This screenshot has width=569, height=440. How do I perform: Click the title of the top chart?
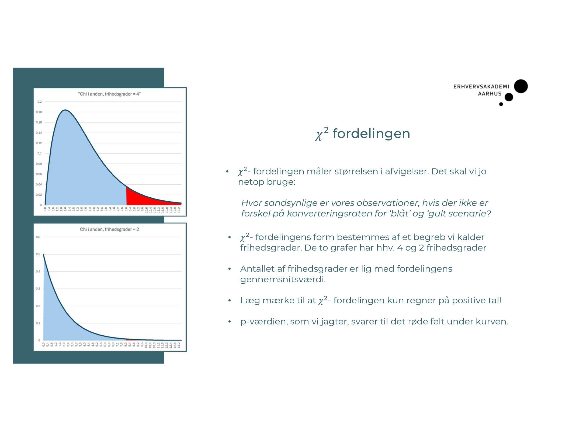(109, 94)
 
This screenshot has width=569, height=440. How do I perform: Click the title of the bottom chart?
(109, 229)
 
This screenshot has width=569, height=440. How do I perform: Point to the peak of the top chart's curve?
(65, 110)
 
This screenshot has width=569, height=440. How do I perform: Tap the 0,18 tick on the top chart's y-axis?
(39, 112)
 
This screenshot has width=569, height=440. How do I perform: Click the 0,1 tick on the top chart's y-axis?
(39, 153)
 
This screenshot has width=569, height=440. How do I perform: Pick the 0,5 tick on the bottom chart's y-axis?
(38, 254)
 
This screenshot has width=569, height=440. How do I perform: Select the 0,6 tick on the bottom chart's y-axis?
(38, 237)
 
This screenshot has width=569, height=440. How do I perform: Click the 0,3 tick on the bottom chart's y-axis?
(38, 289)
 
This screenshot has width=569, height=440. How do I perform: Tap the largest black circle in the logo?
(521, 86)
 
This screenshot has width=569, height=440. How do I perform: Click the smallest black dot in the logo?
(501, 104)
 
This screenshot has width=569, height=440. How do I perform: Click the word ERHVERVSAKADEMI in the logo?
(481, 87)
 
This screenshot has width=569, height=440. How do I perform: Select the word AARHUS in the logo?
(490, 94)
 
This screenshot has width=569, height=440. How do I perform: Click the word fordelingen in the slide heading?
(371, 134)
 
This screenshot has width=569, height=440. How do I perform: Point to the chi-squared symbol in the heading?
(321, 134)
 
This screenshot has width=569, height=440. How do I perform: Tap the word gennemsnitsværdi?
(283, 279)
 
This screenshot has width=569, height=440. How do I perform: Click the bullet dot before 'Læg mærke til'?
(229, 301)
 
